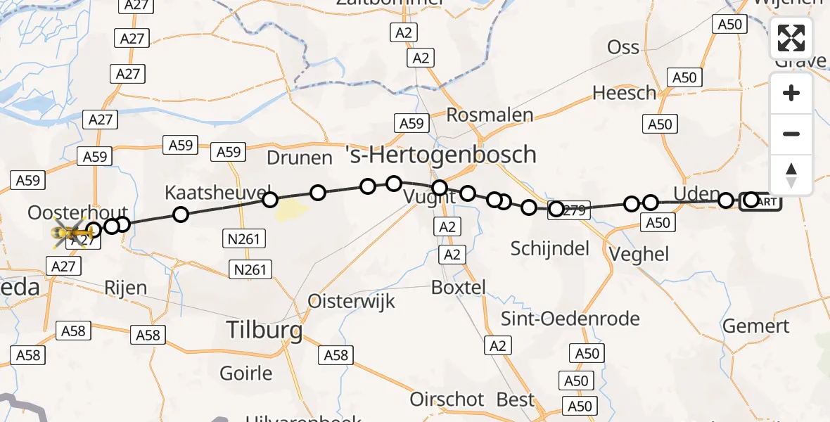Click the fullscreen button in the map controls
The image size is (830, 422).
click(791, 38)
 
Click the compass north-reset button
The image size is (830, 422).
click(791, 174)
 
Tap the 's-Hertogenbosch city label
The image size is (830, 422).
click(441, 154)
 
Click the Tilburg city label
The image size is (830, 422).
click(264, 329)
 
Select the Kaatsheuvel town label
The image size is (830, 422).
click(218, 191)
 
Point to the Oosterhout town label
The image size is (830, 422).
click(77, 212)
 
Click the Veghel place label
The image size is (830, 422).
click(637, 255)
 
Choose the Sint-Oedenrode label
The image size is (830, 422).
click(570, 318)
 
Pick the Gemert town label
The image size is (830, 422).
click(756, 326)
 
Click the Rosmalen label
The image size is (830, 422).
click(490, 115)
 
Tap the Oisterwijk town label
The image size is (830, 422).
click(351, 302)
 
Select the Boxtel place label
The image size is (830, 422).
click(458, 287)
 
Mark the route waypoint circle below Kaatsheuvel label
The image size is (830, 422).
click(181, 215)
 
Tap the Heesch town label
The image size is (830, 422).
click(624, 93)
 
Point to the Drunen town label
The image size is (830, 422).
click(300, 157)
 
